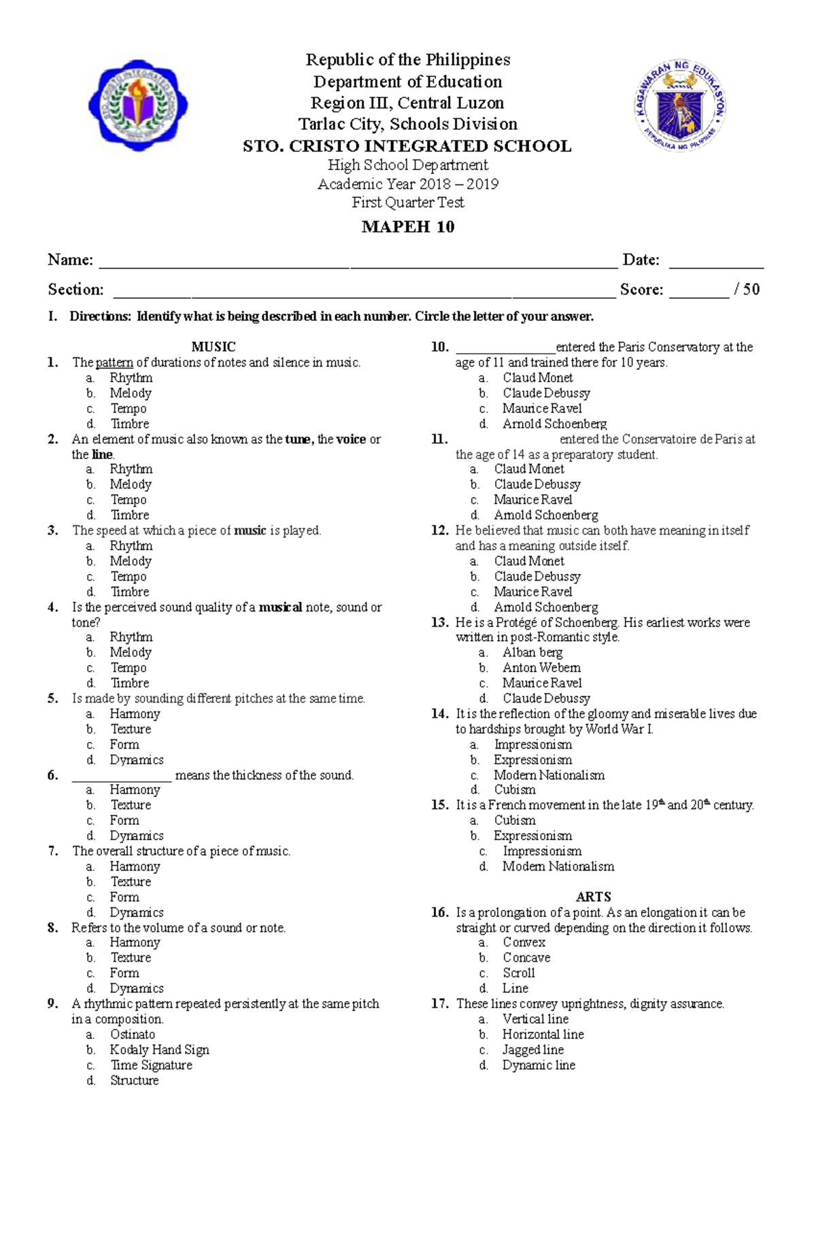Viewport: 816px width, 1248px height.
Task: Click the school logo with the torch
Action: [138, 105]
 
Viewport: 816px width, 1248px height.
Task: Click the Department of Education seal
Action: [681, 106]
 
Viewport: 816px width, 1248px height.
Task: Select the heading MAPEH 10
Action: [407, 227]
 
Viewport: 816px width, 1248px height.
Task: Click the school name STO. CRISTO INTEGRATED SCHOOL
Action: [407, 146]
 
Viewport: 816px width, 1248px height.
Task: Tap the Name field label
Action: [70, 260]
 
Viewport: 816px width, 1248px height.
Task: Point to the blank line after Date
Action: [716, 265]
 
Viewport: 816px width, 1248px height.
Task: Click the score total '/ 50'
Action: [747, 290]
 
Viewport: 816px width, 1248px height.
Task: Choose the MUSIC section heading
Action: [214, 347]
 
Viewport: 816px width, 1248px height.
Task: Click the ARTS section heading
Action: [593, 897]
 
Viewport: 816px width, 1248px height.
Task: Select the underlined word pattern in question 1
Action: [114, 362]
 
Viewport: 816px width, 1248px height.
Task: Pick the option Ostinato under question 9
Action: [133, 1034]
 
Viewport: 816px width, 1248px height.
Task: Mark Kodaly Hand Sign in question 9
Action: [160, 1050]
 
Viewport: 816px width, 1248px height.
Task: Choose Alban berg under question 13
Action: [532, 652]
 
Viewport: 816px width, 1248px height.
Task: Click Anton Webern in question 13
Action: [541, 668]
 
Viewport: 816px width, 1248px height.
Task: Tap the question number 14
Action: [439, 714]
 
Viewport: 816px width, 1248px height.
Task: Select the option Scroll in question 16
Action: [519, 973]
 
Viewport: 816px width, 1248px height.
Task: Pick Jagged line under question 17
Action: [533, 1050]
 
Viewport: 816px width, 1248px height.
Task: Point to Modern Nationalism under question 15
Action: [558, 866]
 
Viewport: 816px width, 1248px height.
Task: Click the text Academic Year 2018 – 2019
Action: [407, 184]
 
